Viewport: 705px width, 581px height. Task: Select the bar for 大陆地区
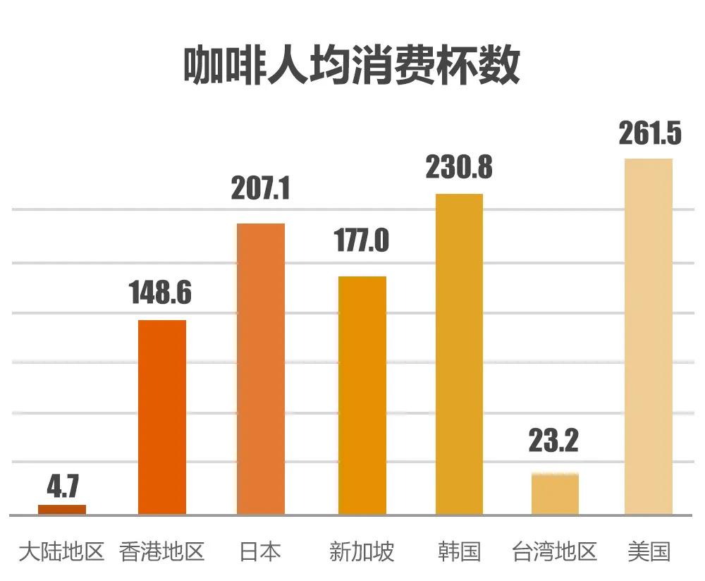62,509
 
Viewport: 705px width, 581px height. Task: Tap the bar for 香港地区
162,417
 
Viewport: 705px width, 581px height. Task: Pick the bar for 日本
261,369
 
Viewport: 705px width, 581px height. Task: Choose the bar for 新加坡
362,395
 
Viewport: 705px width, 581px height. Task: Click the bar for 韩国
459,354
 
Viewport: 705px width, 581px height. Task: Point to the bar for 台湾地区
555,494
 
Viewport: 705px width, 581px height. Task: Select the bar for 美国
649,336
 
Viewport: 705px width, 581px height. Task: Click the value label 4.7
63,487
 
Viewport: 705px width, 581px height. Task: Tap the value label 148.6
161,293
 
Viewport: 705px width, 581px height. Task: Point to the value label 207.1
261,189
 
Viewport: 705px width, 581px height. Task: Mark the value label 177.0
360,241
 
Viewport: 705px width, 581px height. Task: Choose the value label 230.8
459,168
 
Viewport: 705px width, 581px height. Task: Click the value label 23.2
553,441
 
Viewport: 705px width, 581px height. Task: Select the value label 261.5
650,133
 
